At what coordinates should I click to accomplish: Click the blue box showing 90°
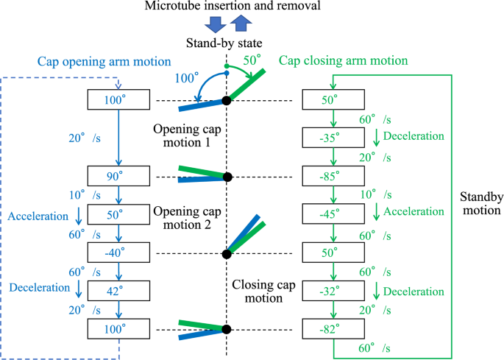[118, 177]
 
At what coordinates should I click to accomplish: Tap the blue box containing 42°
[118, 290]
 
